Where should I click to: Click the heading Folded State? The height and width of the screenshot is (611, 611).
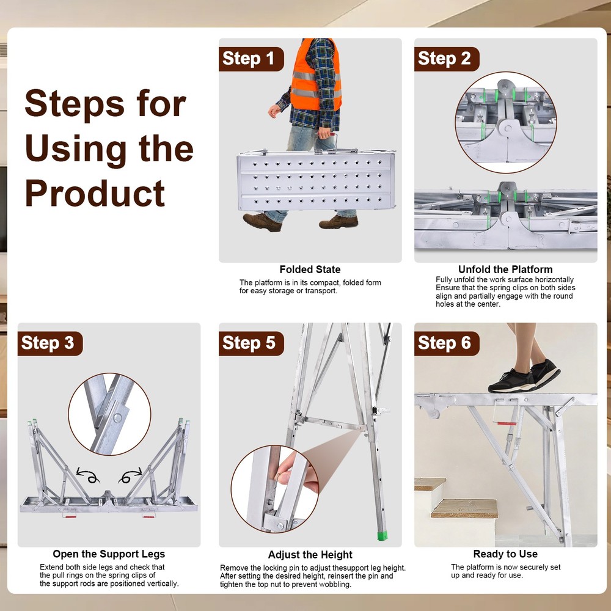[310, 269]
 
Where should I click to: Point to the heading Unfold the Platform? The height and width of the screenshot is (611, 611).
[505, 269]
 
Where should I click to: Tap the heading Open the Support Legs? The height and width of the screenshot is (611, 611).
[109, 554]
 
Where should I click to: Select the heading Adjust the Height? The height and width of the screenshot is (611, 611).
[310, 555]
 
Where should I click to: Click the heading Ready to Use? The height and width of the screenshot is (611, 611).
[505, 554]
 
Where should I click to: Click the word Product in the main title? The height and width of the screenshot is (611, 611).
[95, 194]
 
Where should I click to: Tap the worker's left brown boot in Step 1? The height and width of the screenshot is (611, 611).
[262, 222]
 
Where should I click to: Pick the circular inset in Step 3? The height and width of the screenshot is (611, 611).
[109, 414]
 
